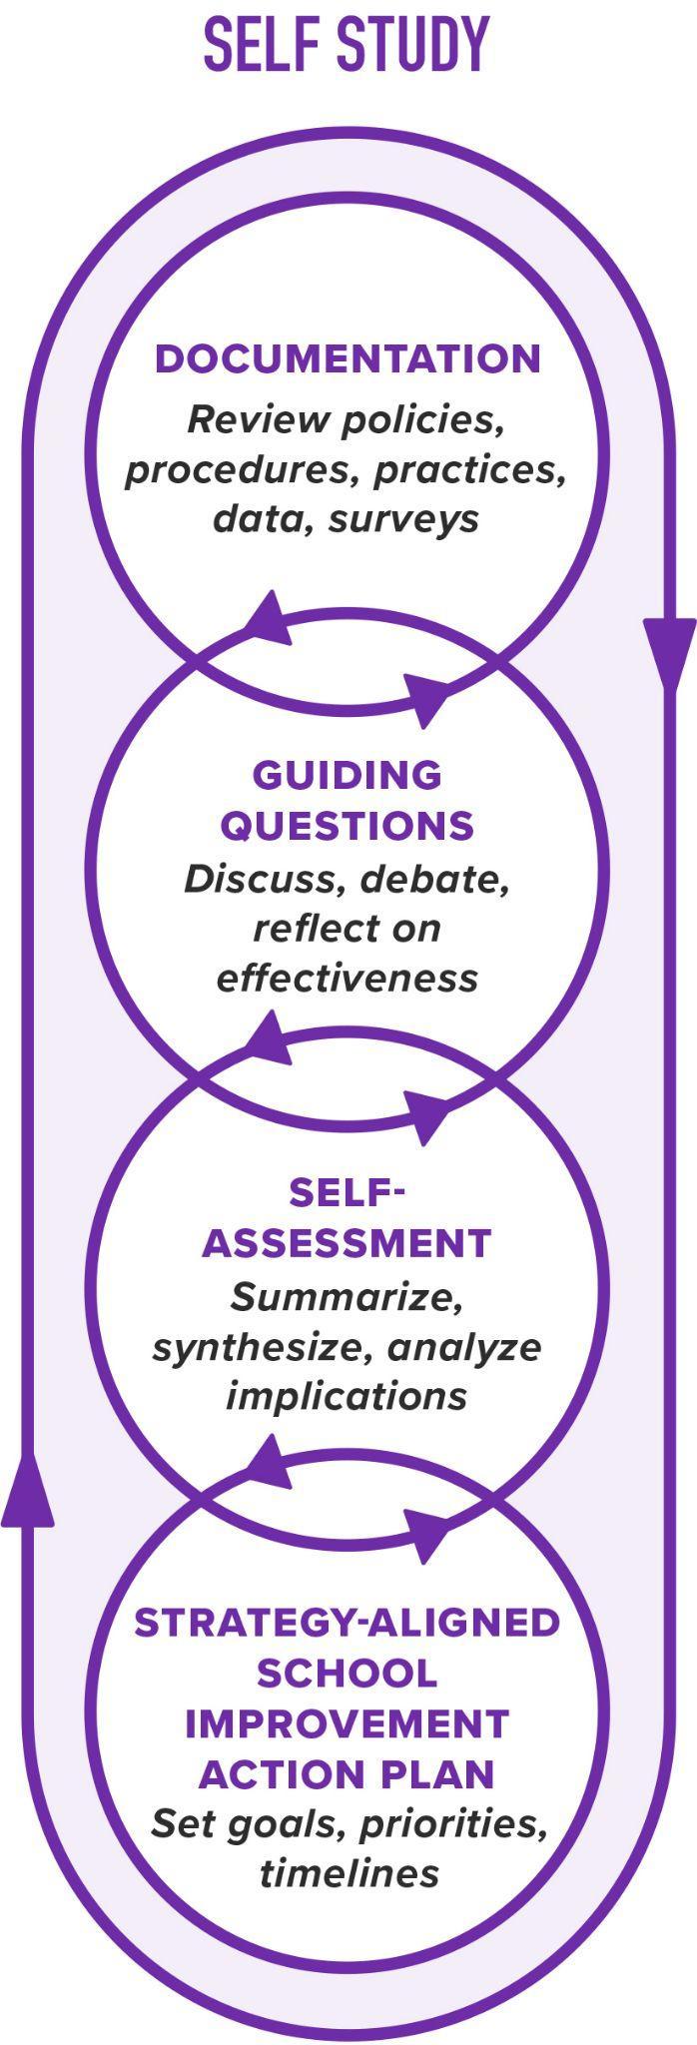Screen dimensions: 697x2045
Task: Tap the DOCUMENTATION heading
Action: pyautogui.click(x=348, y=359)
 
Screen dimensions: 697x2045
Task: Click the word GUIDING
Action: pyautogui.click(x=347, y=775)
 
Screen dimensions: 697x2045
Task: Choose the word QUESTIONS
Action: pyautogui.click(x=347, y=826)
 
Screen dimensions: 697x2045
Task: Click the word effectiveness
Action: pyautogui.click(x=347, y=978)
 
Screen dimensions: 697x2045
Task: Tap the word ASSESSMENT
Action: pyautogui.click(x=347, y=1243)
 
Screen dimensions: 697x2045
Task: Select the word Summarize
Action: pyautogui.click(x=347, y=1297)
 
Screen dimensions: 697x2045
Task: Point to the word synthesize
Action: pyautogui.click(x=263, y=1348)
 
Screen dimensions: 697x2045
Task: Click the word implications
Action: pyautogui.click(x=347, y=1395)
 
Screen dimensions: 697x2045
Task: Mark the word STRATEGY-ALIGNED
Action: pyautogui.click(x=347, y=1623)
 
